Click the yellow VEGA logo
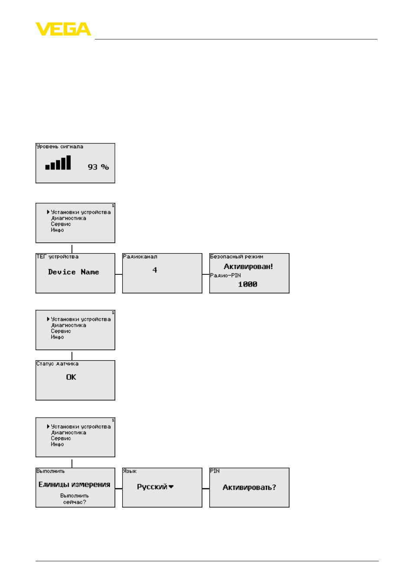click(x=63, y=29)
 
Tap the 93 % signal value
click(x=98, y=167)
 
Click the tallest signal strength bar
click(x=68, y=163)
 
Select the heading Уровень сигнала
click(x=60, y=146)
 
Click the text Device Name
click(x=74, y=272)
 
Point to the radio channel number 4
click(x=155, y=270)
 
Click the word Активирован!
click(x=248, y=267)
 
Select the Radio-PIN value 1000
click(x=247, y=284)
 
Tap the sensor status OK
click(x=71, y=377)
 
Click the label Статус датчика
click(x=57, y=364)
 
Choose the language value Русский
click(x=152, y=487)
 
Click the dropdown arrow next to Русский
click(x=171, y=487)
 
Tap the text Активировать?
click(x=249, y=487)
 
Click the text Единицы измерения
click(x=74, y=485)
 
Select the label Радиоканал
click(x=140, y=257)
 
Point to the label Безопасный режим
click(x=237, y=257)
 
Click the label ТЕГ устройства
click(x=57, y=257)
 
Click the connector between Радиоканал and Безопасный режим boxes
click(x=205, y=274)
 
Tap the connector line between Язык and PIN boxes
click(x=205, y=488)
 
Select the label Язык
click(x=130, y=471)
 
